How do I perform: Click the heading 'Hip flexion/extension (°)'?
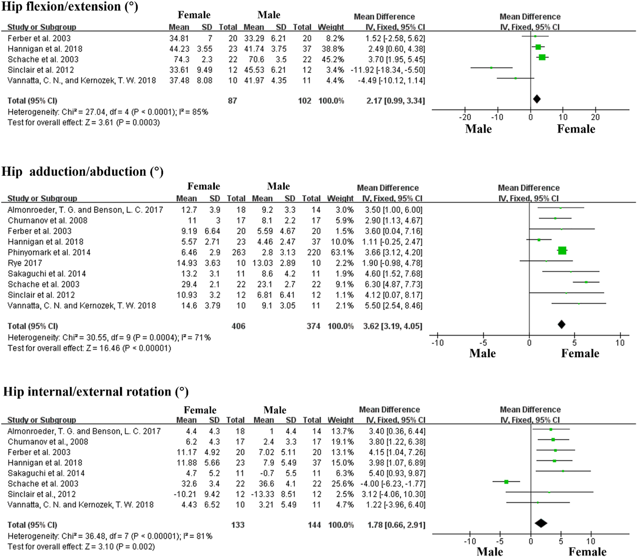pos(70,7)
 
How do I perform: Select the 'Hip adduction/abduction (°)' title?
pos(82,171)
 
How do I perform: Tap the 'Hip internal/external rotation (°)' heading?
pos(96,392)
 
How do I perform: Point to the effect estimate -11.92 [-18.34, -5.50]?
pos(388,70)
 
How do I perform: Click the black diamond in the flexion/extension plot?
pos(536,99)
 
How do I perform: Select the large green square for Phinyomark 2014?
pos(562,250)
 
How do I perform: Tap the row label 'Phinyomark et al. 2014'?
pos(49,252)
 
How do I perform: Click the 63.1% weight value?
pos(340,252)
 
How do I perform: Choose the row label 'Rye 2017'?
pos(25,263)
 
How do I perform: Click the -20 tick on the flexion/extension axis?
pos(465,117)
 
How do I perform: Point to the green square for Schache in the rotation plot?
pos(506,482)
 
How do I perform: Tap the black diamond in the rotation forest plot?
pos(541,523)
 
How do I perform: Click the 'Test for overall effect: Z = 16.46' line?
pos(89,348)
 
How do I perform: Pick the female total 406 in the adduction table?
pos(238,326)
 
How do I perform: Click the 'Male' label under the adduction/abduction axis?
pos(482,353)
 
